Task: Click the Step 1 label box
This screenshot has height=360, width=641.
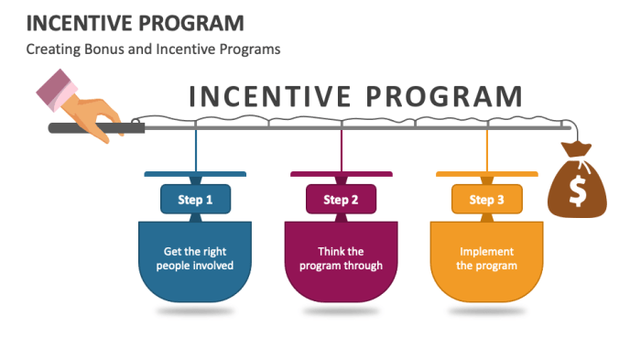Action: click(x=195, y=199)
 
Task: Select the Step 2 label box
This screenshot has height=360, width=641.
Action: click(x=341, y=199)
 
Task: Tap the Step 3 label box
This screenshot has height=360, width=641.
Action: click(x=486, y=199)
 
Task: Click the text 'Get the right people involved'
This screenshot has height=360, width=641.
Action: click(x=195, y=258)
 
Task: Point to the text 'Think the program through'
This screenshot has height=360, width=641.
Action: click(x=341, y=258)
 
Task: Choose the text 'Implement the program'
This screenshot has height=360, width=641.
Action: click(x=486, y=258)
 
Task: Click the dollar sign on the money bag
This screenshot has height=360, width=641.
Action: click(x=578, y=191)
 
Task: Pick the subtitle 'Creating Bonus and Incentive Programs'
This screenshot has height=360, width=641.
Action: click(x=153, y=49)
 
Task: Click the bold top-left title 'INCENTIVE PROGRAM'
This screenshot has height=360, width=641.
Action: click(x=122, y=21)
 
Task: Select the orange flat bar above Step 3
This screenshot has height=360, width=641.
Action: click(x=486, y=174)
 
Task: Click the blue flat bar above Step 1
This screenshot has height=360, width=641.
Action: click(x=195, y=174)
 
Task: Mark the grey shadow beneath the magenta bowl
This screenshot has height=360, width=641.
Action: click(x=341, y=311)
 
